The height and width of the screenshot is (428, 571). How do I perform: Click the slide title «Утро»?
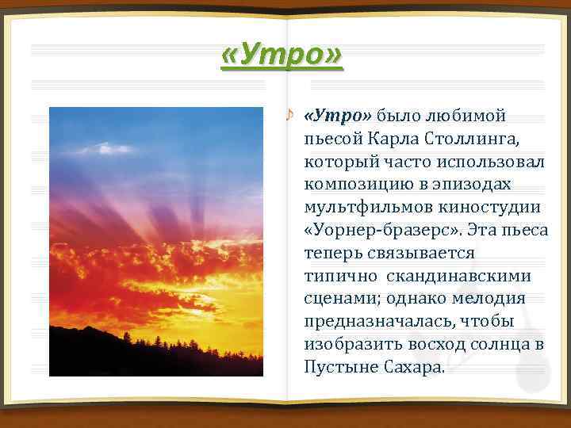tap(282, 55)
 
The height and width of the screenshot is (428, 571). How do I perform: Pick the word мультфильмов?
tap(364, 208)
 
